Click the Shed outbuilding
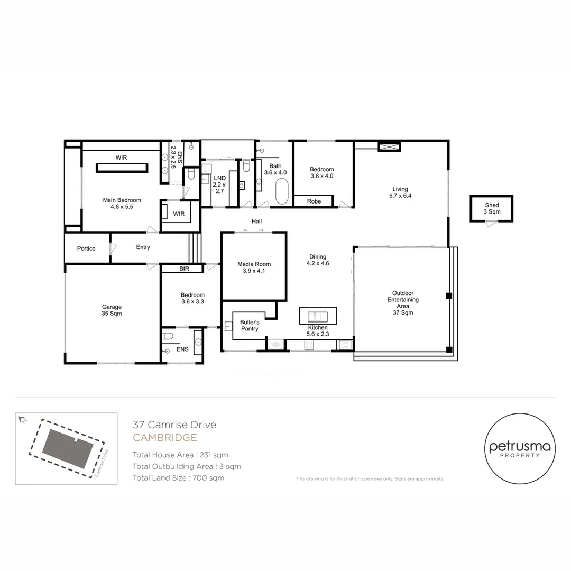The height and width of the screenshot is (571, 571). pyautogui.click(x=491, y=209)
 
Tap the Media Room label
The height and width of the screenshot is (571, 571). pyautogui.click(x=254, y=268)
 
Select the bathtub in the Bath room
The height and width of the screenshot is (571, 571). pyautogui.click(x=281, y=191)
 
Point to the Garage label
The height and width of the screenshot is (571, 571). pyautogui.click(x=112, y=310)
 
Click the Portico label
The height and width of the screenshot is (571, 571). pyautogui.click(x=86, y=248)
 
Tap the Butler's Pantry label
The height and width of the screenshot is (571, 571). pyautogui.click(x=250, y=326)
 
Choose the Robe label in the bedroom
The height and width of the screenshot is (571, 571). pyautogui.click(x=314, y=201)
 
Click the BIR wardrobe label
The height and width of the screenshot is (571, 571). pyautogui.click(x=185, y=269)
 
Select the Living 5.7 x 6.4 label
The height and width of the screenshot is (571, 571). pyautogui.click(x=400, y=192)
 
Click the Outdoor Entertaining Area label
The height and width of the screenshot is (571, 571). pyautogui.click(x=403, y=302)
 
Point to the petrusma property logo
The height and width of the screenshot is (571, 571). pyautogui.click(x=520, y=448)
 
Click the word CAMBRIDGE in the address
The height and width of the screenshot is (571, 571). pyautogui.click(x=164, y=438)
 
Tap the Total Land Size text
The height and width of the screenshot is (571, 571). pyautogui.click(x=179, y=478)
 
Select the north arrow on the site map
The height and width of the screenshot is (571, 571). pyautogui.click(x=23, y=420)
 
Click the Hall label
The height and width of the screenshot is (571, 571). pyautogui.click(x=256, y=221)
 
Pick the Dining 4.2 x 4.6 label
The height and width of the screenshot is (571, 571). pyautogui.click(x=318, y=260)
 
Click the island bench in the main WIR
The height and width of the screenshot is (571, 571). pyautogui.click(x=122, y=168)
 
